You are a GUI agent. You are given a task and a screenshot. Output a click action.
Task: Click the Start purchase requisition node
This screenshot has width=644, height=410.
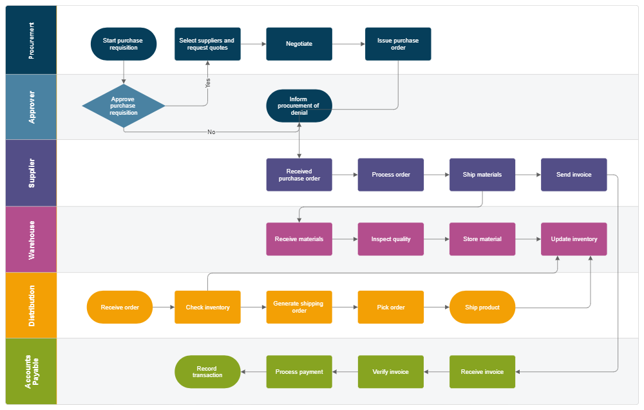pyautogui.click(x=123, y=44)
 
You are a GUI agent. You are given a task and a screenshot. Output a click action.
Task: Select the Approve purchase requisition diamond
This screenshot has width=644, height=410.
pyautogui.click(x=123, y=106)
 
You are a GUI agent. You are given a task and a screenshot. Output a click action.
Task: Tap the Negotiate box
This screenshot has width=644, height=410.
pyautogui.click(x=299, y=44)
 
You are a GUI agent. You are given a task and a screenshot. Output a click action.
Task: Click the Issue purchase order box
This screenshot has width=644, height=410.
pyautogui.click(x=398, y=44)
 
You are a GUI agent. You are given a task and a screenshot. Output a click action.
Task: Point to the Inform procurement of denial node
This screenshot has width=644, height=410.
pyautogui.click(x=299, y=106)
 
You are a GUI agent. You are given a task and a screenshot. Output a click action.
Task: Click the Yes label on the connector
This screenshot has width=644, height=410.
pyautogui.click(x=207, y=83)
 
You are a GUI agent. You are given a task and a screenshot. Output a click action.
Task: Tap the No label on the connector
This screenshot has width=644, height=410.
pyautogui.click(x=211, y=132)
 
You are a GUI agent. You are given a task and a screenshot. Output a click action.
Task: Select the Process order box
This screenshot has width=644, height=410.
pyautogui.click(x=391, y=175)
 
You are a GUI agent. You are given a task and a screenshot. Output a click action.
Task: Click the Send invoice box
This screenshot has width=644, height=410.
pyautogui.click(x=574, y=175)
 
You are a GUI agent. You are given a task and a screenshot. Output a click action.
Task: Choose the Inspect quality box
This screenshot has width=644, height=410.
pyautogui.click(x=391, y=239)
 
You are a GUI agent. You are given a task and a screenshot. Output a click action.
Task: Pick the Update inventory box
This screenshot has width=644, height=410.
pyautogui.click(x=574, y=239)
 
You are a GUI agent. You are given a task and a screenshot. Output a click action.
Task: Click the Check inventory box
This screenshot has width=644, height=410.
pyautogui.click(x=207, y=307)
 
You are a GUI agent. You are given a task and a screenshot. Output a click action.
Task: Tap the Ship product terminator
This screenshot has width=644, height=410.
pyautogui.click(x=482, y=307)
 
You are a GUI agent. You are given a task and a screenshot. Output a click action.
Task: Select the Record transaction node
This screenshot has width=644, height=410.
pyautogui.click(x=207, y=372)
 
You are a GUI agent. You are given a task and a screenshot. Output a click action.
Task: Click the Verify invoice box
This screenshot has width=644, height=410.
pyautogui.click(x=391, y=372)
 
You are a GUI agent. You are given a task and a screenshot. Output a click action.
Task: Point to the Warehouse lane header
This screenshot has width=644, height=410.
pyautogui.click(x=32, y=239)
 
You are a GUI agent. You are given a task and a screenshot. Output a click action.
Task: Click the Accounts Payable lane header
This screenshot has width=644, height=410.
pyautogui.click(x=32, y=372)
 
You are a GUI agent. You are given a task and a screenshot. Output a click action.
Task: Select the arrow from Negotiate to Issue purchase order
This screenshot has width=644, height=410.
pyautogui.click(x=348, y=44)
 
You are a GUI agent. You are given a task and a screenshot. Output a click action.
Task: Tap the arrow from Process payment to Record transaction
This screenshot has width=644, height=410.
pyautogui.click(x=253, y=372)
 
